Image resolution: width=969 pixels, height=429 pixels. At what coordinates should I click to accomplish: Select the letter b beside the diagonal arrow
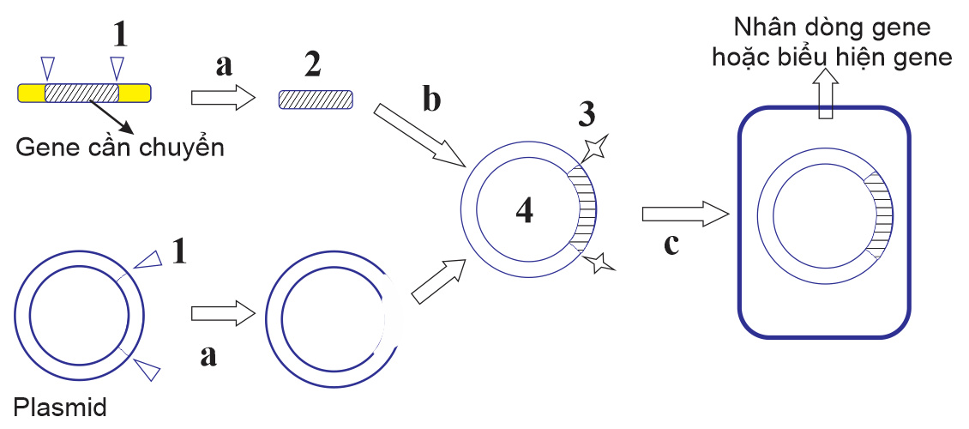tap(431, 100)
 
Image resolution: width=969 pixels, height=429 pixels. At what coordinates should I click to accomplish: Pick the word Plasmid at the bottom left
tap(60, 408)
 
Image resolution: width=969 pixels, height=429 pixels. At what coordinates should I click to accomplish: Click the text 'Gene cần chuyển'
tap(120, 148)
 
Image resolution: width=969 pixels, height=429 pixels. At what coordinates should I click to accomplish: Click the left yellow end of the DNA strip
tap(32, 92)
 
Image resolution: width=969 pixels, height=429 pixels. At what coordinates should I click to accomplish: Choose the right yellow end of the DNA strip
tap(135, 92)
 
